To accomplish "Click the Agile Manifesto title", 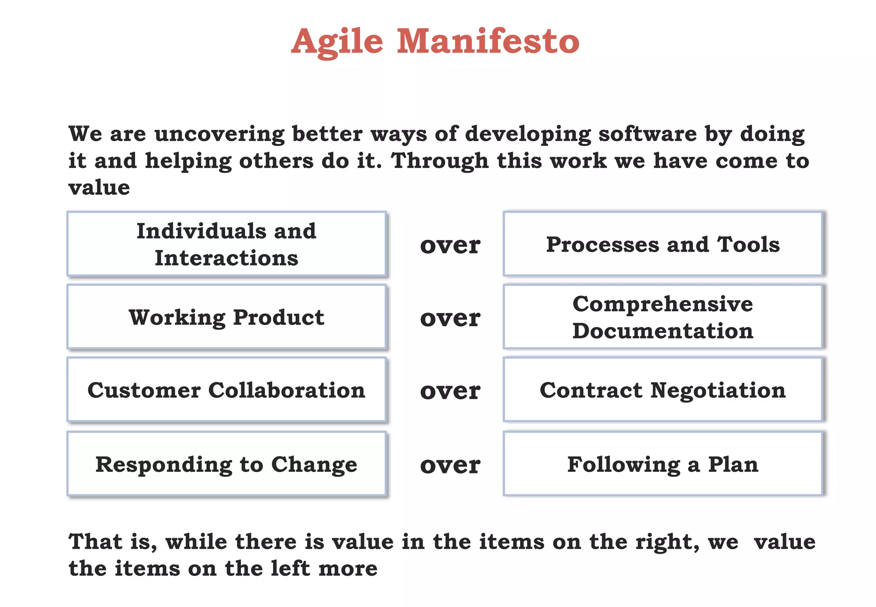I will pos(435,42).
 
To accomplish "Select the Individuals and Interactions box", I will pos(226,244).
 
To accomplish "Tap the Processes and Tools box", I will pos(663,244).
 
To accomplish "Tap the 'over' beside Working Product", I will pos(450,318).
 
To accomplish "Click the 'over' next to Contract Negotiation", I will pos(450,391).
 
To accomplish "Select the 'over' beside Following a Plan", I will pos(450,465).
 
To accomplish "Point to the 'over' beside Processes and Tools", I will pos(450,245).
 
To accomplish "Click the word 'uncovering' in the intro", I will pos(219,134).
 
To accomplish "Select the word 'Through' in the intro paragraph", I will pos(439,161).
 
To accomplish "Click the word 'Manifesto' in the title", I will pos(488,42).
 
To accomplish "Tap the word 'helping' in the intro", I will pos(188,161).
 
